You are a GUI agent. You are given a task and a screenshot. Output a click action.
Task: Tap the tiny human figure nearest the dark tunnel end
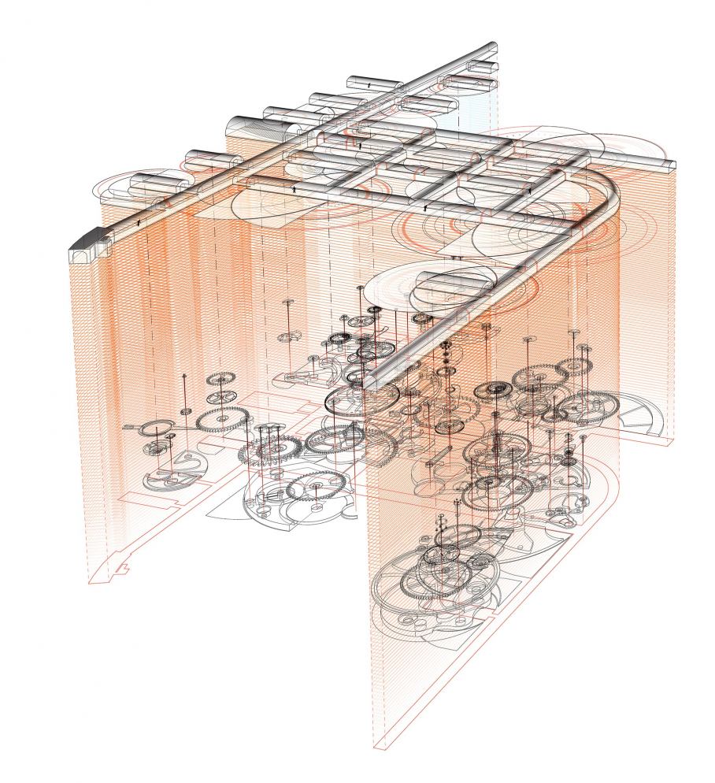click(139, 223)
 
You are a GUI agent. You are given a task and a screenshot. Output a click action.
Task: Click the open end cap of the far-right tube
click(670, 165)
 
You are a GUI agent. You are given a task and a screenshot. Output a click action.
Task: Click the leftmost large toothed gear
click(219, 420)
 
